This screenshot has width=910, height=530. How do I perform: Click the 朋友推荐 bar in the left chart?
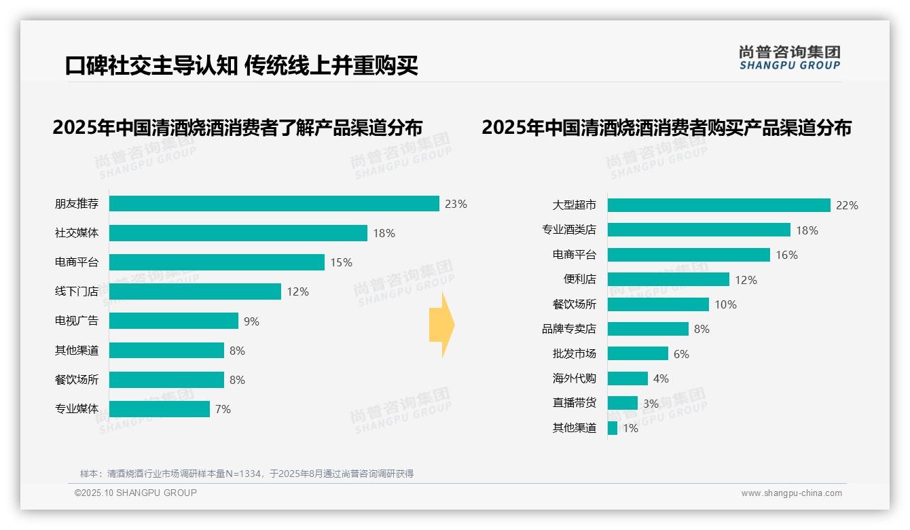click(x=274, y=203)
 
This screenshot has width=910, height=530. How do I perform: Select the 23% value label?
click(x=456, y=204)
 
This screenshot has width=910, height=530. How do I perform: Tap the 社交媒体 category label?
click(x=77, y=233)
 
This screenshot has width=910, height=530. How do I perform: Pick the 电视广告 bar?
click(x=174, y=321)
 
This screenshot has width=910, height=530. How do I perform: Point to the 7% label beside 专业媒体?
click(x=223, y=409)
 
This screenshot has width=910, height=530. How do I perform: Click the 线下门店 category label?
click(x=77, y=291)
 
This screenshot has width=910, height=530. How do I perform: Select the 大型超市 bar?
click(x=718, y=205)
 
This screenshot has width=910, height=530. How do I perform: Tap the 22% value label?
click(x=847, y=205)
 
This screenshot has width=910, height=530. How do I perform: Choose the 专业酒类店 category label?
click(x=569, y=230)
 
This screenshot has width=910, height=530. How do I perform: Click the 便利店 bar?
click(x=668, y=279)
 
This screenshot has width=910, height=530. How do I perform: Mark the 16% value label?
click(x=786, y=255)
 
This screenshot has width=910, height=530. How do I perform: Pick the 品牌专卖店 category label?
click(x=569, y=329)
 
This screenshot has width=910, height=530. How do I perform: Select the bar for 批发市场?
click(x=638, y=353)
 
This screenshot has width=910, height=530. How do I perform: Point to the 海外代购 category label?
click(x=575, y=378)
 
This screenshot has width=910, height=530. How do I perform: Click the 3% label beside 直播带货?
click(x=651, y=404)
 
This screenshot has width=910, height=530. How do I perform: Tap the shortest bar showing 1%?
click(x=613, y=428)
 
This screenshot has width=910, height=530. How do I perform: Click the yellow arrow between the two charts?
click(x=441, y=325)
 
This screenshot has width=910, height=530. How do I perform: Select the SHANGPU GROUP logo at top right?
click(x=789, y=58)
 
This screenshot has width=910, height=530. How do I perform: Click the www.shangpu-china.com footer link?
click(x=791, y=493)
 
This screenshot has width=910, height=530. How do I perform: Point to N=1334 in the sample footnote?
click(x=238, y=474)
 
